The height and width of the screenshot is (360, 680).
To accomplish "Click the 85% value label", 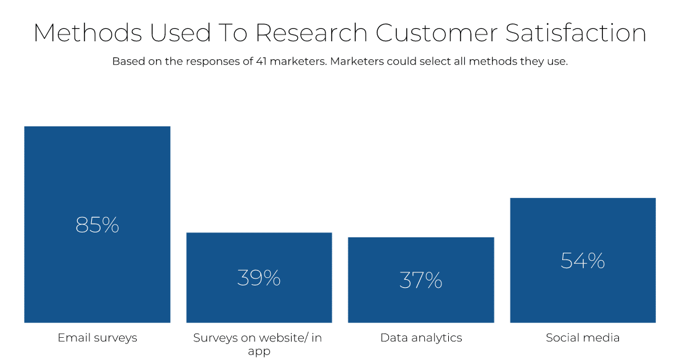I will (97, 225).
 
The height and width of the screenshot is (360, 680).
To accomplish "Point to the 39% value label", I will (259, 278).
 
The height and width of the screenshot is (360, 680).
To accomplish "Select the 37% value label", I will (420, 280).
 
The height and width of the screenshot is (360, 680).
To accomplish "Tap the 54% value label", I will (583, 261).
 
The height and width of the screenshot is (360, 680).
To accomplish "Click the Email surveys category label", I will (97, 338).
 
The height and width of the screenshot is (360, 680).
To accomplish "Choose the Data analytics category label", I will (421, 338).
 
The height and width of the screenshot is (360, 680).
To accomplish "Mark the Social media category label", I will (583, 338).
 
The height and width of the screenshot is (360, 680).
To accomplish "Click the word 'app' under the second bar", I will (259, 352).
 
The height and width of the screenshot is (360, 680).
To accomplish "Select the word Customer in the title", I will (437, 33).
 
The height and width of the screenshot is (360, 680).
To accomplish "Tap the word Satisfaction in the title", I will (576, 33).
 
